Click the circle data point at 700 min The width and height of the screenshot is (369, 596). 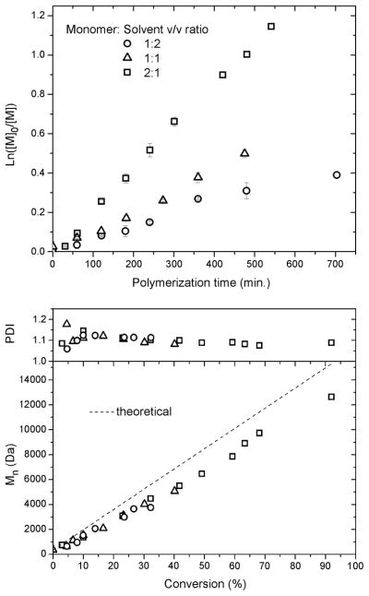(337, 174)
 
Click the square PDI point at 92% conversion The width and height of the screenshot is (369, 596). (331, 343)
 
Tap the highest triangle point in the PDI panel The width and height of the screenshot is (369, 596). (66, 324)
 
